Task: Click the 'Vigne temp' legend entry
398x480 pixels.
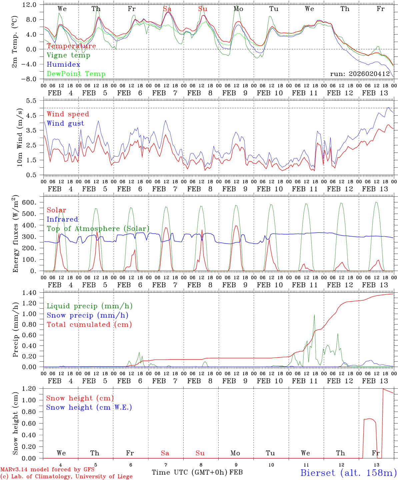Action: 68,55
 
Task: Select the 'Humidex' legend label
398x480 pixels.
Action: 64,65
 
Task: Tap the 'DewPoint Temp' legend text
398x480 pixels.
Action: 76,74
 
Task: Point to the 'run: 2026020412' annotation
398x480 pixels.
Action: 360,74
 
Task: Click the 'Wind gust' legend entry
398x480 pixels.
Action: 65,124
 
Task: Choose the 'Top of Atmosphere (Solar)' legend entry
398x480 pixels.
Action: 98,229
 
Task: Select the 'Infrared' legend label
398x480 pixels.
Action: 62,219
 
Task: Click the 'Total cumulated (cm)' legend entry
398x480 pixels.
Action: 89,325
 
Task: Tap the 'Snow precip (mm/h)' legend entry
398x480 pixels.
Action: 87,315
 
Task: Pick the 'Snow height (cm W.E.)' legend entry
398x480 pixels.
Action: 89,407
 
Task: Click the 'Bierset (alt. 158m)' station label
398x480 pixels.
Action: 348,472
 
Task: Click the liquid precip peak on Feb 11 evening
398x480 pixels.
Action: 314,315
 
